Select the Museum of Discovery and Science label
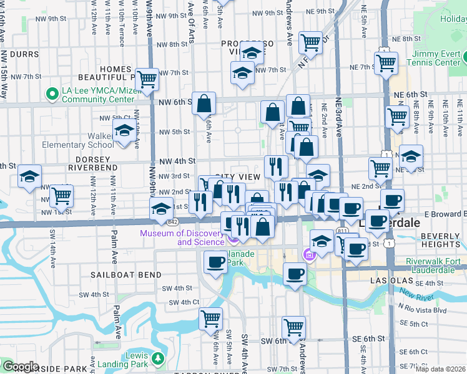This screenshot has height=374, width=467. click(182, 237)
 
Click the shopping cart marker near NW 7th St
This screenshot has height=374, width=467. click(146, 79)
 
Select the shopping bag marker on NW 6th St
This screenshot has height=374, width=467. click(204, 104)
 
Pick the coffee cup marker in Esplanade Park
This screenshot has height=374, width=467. click(216, 262)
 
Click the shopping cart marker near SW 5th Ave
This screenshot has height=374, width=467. click(211, 319)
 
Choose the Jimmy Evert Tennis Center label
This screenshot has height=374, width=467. click(433, 58)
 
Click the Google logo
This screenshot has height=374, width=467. click(20, 367)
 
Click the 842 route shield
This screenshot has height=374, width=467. click(172, 222)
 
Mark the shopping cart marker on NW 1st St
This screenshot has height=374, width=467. click(61, 195)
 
